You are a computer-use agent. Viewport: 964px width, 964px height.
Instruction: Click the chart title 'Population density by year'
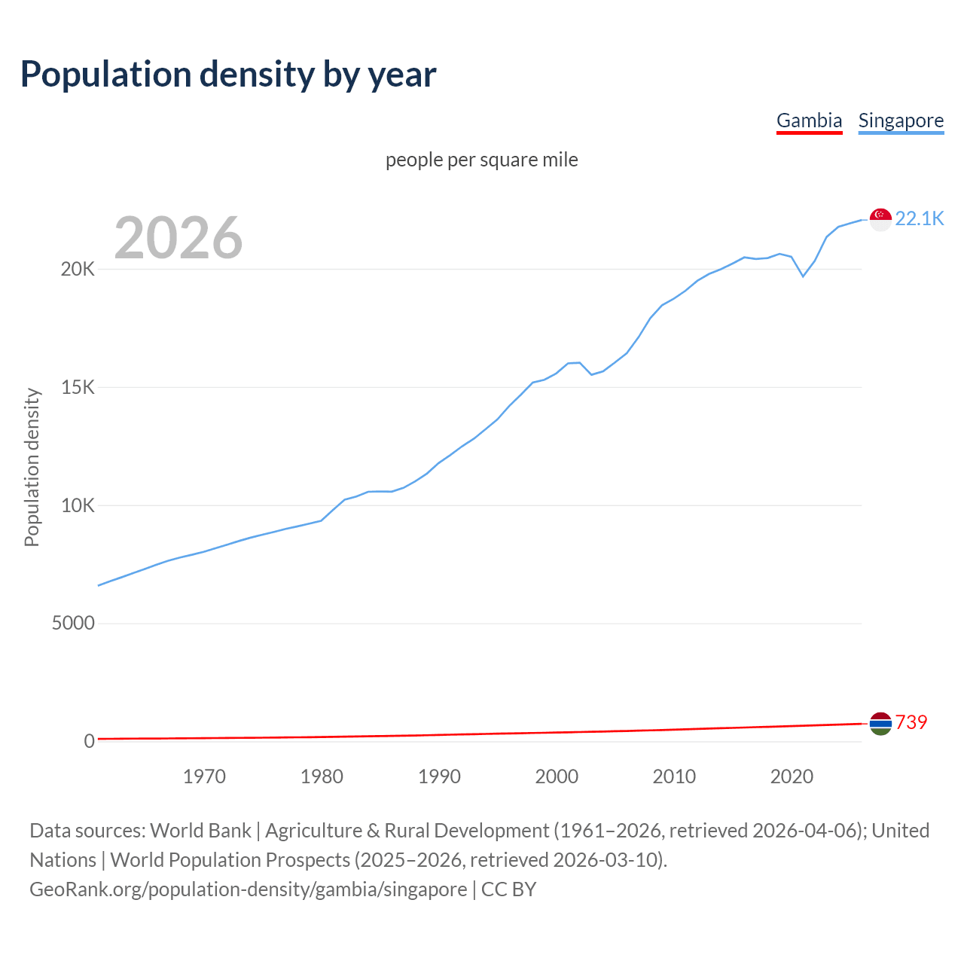pyautogui.click(x=228, y=75)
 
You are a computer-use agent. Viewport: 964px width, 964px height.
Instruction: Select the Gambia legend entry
pyautogui.click(x=809, y=120)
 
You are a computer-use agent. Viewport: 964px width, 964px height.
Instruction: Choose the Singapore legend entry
pyautogui.click(x=901, y=120)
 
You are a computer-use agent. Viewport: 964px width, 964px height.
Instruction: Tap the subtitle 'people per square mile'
pyautogui.click(x=481, y=160)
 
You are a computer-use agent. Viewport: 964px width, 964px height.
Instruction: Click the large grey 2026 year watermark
pyautogui.click(x=178, y=238)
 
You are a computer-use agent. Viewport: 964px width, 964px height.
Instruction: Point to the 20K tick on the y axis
pyautogui.click(x=78, y=270)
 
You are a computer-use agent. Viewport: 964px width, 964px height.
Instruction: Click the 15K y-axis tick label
pyautogui.click(x=78, y=388)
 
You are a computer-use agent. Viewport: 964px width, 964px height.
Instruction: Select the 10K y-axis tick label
pyautogui.click(x=78, y=505)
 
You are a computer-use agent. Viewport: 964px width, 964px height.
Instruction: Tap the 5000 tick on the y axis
pyautogui.click(x=73, y=624)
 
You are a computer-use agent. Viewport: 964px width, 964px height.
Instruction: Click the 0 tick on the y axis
pyautogui.click(x=90, y=741)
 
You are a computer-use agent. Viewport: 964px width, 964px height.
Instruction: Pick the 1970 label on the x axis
pyautogui.click(x=204, y=776)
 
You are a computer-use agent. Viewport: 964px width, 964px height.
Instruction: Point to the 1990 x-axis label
pyautogui.click(x=439, y=776)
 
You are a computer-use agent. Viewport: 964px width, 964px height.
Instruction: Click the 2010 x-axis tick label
pyautogui.click(x=674, y=776)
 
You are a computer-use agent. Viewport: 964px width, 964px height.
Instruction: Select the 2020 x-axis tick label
pyautogui.click(x=792, y=776)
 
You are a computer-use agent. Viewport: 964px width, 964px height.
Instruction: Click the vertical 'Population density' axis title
pyautogui.click(x=32, y=467)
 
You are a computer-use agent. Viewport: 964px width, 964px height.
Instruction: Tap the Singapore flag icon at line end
pyautogui.click(x=880, y=219)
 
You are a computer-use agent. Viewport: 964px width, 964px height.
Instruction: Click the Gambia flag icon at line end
pyautogui.click(x=880, y=724)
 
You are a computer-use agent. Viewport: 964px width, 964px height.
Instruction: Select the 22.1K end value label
pyautogui.click(x=919, y=218)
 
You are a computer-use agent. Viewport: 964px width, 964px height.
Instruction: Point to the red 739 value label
pyautogui.click(x=911, y=722)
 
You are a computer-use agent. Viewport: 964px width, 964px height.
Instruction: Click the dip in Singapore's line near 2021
pyautogui.click(x=803, y=276)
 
